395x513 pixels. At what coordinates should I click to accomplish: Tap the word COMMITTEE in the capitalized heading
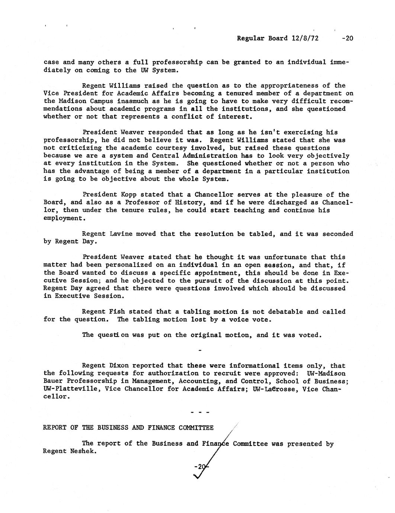[196, 428]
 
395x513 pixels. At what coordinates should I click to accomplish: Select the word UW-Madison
[326, 374]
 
